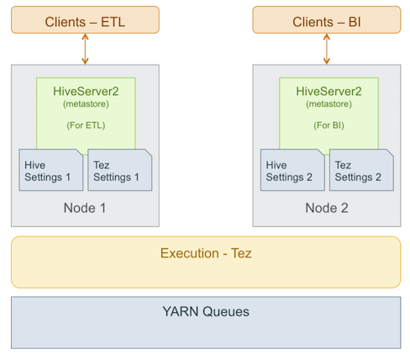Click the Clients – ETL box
[85, 20]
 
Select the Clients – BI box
[327, 20]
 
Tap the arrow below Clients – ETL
[85, 49]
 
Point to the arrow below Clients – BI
[327, 49]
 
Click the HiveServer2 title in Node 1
[86, 92]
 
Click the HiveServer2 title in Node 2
[329, 92]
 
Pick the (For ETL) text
[86, 125]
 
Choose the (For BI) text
[329, 125]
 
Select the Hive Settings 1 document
[51, 170]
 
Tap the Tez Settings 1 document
[120, 170]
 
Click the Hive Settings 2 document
[292, 170]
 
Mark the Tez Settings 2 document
[361, 170]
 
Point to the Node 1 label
[85, 208]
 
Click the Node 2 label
[327, 208]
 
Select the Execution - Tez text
[206, 253]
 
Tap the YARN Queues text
[206, 311]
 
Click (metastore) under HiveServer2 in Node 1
[86, 104]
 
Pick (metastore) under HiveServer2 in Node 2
[329, 104]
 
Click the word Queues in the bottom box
[226, 311]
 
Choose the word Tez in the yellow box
[241, 253]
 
